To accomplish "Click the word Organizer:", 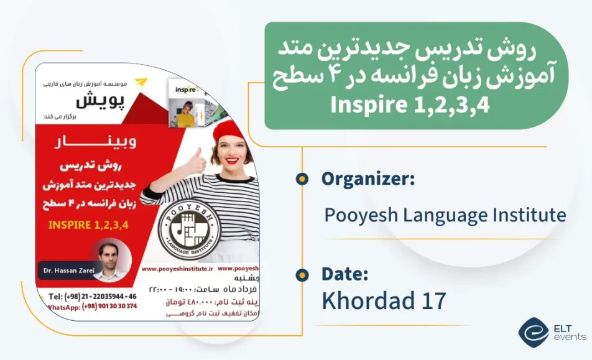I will (x=368, y=179).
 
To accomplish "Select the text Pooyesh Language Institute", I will (x=445, y=216).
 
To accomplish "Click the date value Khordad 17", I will (x=384, y=300).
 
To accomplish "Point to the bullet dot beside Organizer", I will (x=302, y=180).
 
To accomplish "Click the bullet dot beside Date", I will (x=302, y=274).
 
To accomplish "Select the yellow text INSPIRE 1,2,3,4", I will (x=88, y=224).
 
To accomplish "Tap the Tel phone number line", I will (x=92, y=296).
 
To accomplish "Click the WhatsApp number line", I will (x=92, y=307).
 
